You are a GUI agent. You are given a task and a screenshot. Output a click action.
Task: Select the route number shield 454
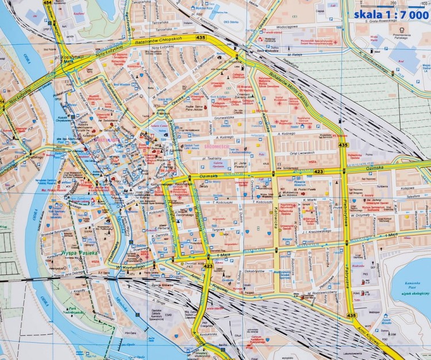[47, 3]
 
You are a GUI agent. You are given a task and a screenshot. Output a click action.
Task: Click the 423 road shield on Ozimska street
[319, 171]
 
